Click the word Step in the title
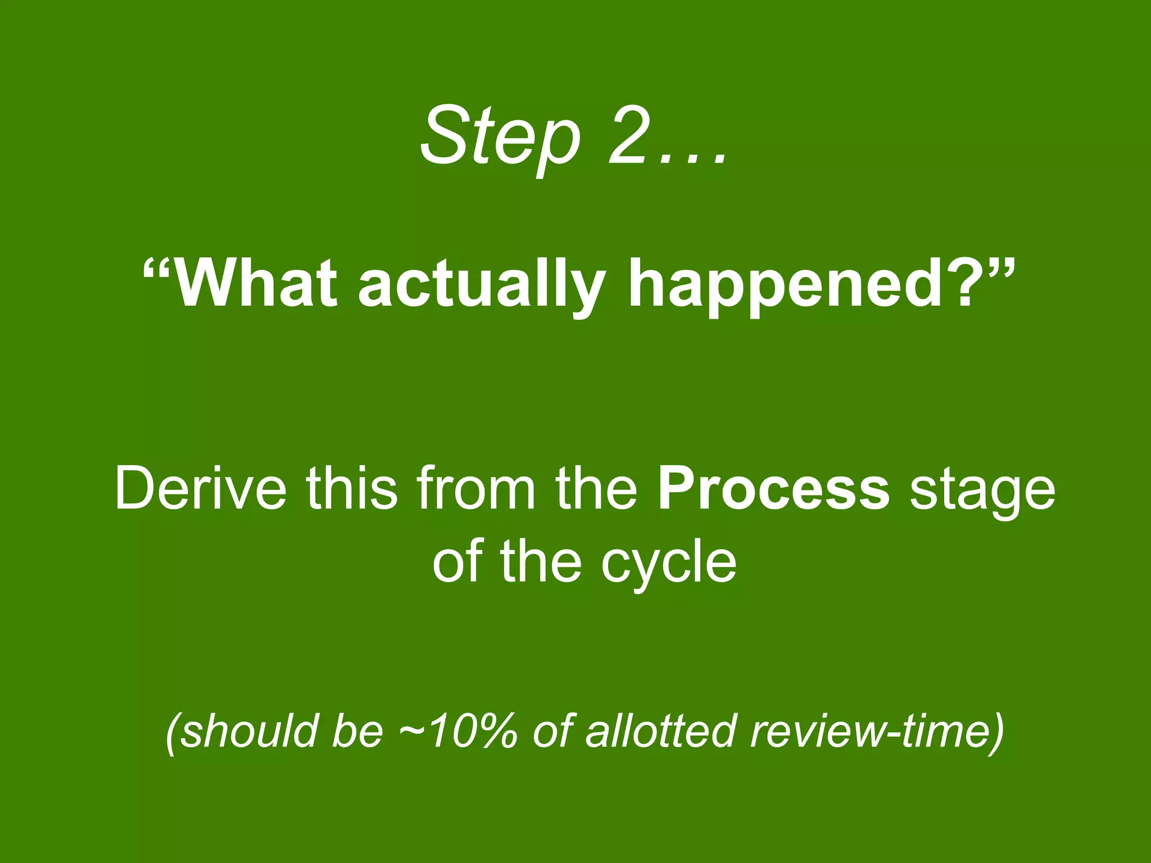[500, 137]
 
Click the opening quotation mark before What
[157, 270]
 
